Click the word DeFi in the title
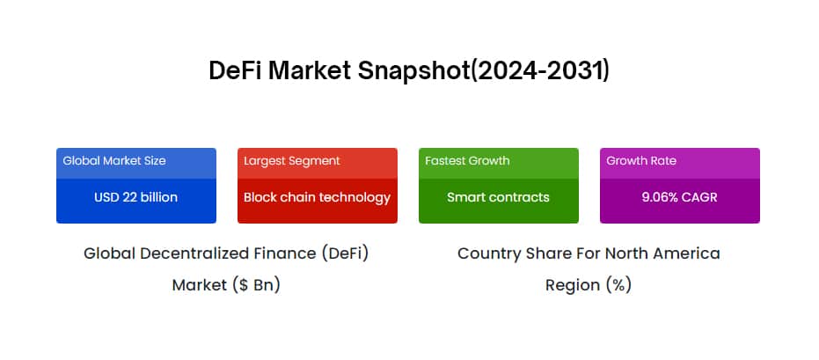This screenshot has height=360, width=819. (x=235, y=70)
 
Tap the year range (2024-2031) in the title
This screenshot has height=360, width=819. (x=540, y=71)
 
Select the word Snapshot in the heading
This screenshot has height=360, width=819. (x=413, y=71)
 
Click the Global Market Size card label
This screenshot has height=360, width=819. (x=114, y=161)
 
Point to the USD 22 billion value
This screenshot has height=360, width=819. (x=135, y=197)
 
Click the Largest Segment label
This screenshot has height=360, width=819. (x=292, y=161)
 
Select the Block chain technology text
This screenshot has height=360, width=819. (x=317, y=197)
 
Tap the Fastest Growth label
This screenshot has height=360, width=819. (x=467, y=161)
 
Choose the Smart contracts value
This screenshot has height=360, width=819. (x=498, y=197)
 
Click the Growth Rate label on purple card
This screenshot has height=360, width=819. (x=641, y=161)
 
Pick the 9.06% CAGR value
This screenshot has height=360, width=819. (x=679, y=197)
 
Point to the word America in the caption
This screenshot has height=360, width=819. (x=688, y=253)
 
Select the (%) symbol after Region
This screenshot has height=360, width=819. (x=619, y=285)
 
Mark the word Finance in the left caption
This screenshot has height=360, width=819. (x=285, y=253)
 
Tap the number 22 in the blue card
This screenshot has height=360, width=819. (x=129, y=197)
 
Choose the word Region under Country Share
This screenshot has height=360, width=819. (x=573, y=286)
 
